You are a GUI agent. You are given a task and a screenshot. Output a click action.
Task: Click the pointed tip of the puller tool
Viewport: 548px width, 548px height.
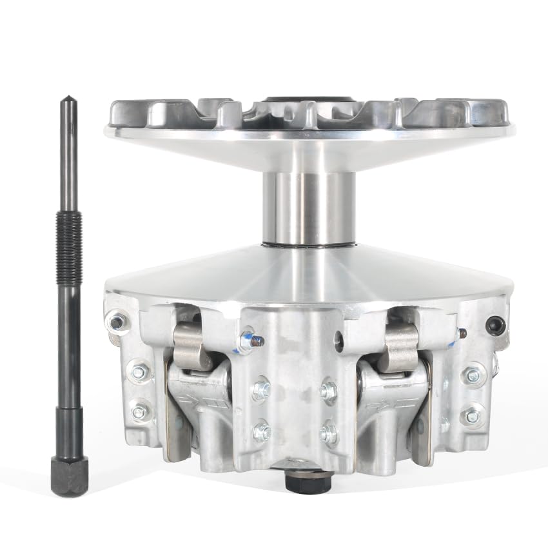point(65,101)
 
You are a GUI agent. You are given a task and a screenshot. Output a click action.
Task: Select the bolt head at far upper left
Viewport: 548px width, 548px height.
point(116,321)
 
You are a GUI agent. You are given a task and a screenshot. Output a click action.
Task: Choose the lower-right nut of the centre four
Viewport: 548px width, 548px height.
point(329,433)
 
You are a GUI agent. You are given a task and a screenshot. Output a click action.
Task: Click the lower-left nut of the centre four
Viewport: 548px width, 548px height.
point(262,433)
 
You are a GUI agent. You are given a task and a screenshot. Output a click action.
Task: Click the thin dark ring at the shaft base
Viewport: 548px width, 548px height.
point(308,244)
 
